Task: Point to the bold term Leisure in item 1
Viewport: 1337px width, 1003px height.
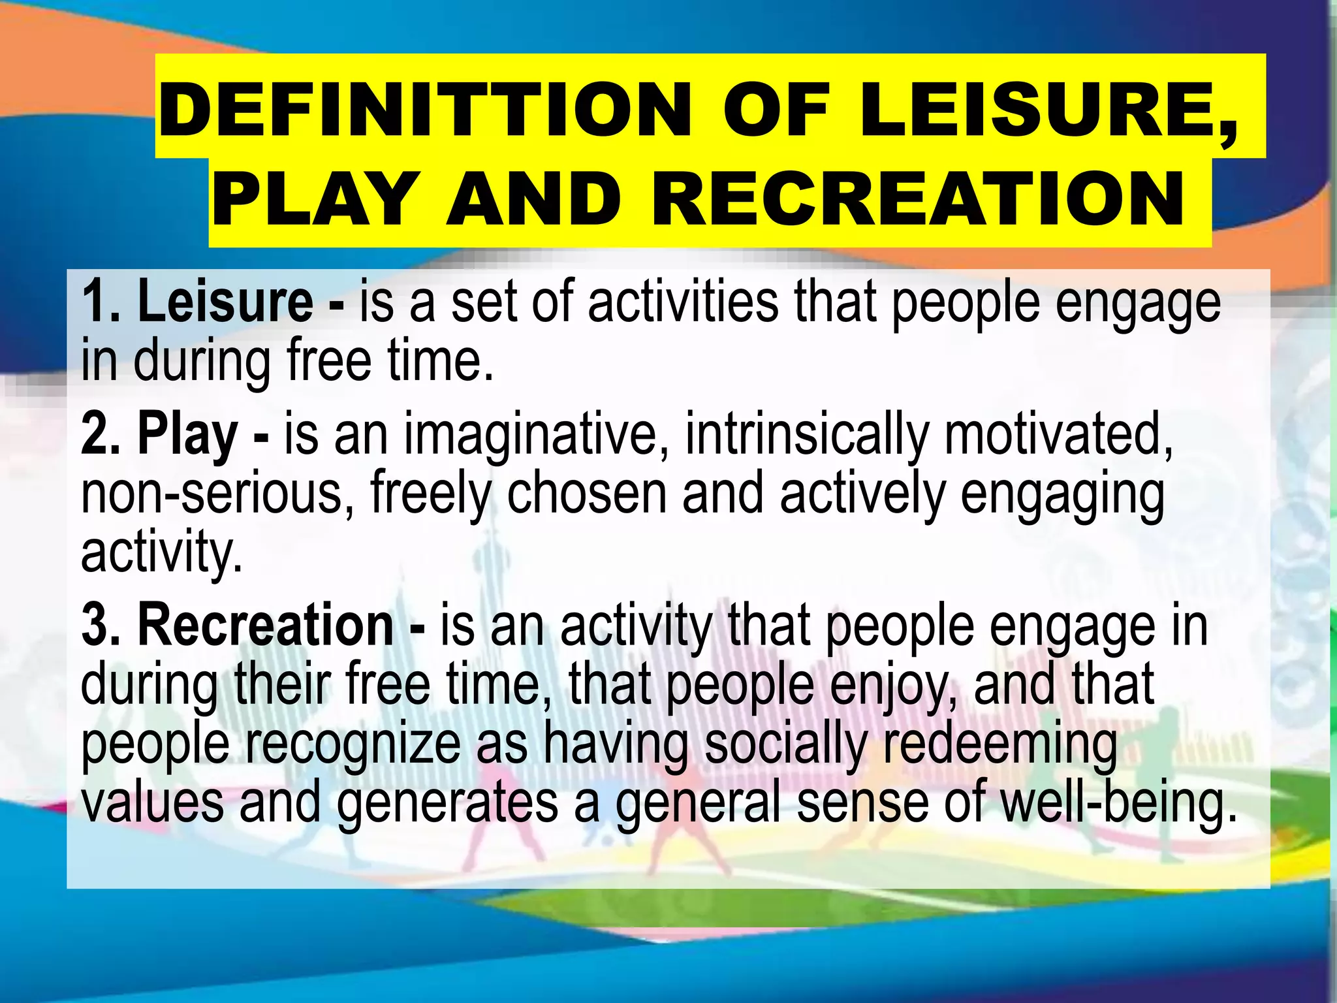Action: [x=225, y=302]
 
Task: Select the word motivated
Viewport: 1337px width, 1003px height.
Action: [x=1058, y=434]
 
